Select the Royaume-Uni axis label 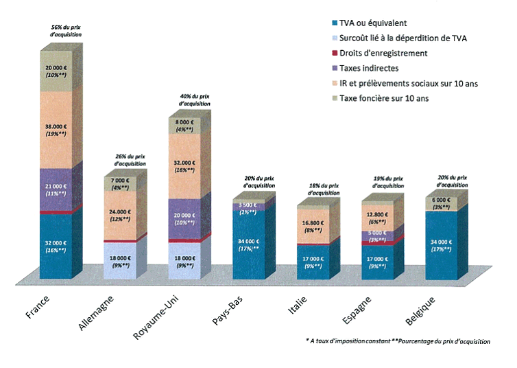tap(158, 316)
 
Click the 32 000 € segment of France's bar tap(56, 246)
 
